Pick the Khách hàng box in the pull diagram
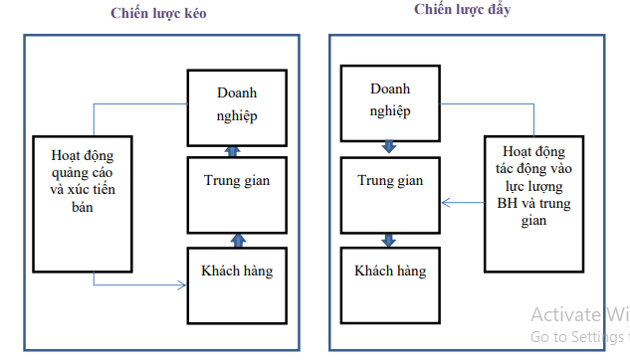point(237,284)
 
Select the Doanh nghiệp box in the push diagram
point(389,102)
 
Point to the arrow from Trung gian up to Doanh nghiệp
point(233,151)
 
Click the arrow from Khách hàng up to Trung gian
point(238,240)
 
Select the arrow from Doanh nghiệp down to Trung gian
point(389,147)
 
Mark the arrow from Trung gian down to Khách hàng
point(389,240)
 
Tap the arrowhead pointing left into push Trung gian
point(447,203)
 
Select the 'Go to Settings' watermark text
point(577,338)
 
